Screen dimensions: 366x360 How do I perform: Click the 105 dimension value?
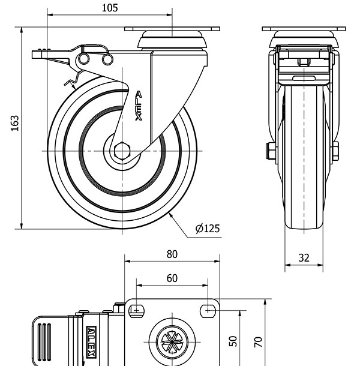click(110, 8)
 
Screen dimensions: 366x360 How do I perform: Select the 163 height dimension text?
click(16, 123)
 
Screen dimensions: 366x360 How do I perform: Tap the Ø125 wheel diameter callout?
click(208, 228)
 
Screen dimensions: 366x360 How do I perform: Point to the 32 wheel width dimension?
click(304, 258)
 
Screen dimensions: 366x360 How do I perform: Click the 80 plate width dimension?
click(172, 254)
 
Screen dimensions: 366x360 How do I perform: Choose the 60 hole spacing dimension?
click(172, 278)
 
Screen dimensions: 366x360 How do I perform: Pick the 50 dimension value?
click(234, 341)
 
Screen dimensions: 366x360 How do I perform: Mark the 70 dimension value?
click(258, 342)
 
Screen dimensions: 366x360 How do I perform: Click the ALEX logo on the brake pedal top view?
click(91, 343)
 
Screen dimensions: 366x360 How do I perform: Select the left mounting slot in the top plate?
click(136, 310)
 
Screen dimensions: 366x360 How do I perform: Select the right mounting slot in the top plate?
click(208, 310)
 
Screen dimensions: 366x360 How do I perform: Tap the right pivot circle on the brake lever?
click(107, 59)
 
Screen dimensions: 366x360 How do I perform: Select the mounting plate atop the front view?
click(304, 29)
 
